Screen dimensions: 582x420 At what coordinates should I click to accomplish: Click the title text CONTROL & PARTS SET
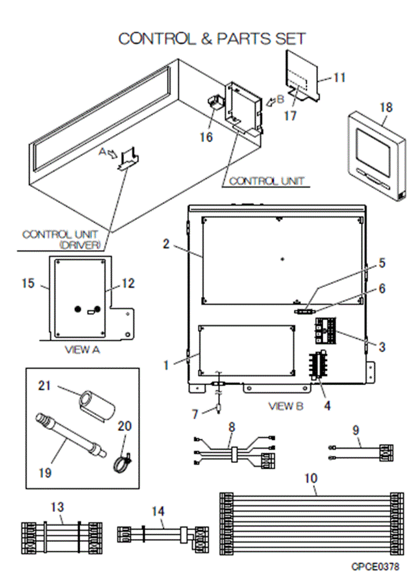[x=212, y=39]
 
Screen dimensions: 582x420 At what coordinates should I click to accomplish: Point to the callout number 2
[x=167, y=243]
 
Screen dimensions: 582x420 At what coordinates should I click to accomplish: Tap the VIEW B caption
[x=285, y=406]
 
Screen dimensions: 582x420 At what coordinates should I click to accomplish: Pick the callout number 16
[x=206, y=137]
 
